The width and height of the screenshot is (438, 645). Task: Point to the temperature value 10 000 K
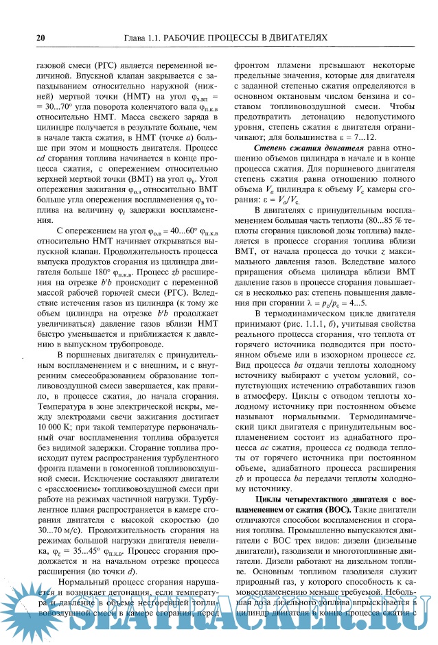[55, 426]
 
